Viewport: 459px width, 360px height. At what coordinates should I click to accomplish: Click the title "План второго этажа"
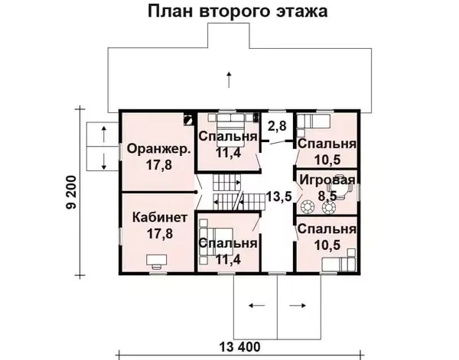click(x=238, y=11)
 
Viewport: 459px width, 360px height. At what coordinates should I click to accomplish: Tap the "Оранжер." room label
click(x=159, y=149)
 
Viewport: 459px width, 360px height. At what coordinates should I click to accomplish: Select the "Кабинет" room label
click(x=160, y=218)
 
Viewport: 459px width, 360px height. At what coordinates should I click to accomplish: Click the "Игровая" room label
click(x=327, y=180)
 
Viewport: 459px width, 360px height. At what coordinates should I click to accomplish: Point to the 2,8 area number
click(x=277, y=126)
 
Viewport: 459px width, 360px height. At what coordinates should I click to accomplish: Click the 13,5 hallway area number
click(x=279, y=196)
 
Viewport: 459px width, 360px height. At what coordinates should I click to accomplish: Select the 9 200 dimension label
click(x=71, y=192)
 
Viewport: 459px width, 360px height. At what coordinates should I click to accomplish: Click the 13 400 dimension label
click(x=239, y=348)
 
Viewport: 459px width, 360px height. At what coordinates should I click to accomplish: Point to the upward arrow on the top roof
click(x=229, y=79)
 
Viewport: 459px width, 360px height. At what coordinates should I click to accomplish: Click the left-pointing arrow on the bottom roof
click(x=257, y=306)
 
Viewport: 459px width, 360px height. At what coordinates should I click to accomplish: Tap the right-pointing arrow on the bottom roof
click(x=298, y=306)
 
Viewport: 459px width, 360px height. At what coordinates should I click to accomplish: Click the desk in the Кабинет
click(x=156, y=260)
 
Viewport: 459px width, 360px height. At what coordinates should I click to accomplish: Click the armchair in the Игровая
click(x=341, y=189)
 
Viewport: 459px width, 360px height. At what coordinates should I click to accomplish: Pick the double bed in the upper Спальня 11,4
click(x=230, y=130)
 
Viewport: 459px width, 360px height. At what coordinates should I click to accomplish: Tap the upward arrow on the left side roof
click(x=103, y=135)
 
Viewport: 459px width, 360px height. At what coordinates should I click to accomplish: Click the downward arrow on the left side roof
click(x=103, y=161)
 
